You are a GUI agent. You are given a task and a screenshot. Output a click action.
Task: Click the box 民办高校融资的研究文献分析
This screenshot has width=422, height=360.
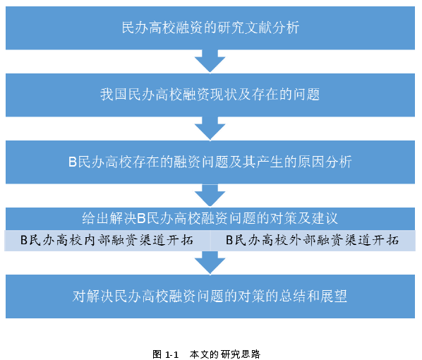210,28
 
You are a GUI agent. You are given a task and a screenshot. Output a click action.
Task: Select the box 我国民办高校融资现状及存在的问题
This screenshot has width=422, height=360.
210,95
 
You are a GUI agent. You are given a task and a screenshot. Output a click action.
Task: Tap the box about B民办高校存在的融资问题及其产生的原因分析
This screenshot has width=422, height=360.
210,162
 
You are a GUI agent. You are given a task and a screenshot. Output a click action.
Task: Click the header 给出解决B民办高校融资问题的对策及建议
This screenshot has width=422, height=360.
210,219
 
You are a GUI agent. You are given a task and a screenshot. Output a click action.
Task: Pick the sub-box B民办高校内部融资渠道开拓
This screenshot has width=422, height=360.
107,241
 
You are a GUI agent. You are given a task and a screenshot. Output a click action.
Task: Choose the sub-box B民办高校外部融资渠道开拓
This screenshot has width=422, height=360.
313,241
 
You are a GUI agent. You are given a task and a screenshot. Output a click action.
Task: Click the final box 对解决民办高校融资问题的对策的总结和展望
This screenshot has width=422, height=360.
210,296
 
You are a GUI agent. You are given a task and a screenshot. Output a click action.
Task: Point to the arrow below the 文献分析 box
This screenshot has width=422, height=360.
210,61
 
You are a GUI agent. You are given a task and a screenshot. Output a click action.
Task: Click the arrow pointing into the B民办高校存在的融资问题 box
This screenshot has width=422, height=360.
210,128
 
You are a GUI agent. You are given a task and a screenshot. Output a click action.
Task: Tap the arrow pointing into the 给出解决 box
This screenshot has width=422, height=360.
210,196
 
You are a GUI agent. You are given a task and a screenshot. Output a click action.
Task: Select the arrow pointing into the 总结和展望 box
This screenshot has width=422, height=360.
210,263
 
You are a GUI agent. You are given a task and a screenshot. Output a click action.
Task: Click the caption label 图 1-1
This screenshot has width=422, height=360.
166,354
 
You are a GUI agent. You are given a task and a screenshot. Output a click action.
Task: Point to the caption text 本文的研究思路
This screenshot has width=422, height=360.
224,354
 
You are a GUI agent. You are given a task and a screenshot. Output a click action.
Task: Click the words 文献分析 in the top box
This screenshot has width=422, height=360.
272,28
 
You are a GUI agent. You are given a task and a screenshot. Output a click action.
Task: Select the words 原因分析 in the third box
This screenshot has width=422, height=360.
325,162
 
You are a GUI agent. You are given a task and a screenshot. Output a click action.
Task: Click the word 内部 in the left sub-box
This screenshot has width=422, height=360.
97,240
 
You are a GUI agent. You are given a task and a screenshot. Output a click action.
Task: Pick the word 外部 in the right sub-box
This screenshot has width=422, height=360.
303,240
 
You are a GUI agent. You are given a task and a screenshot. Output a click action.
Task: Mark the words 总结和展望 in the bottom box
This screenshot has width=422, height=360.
313,296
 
